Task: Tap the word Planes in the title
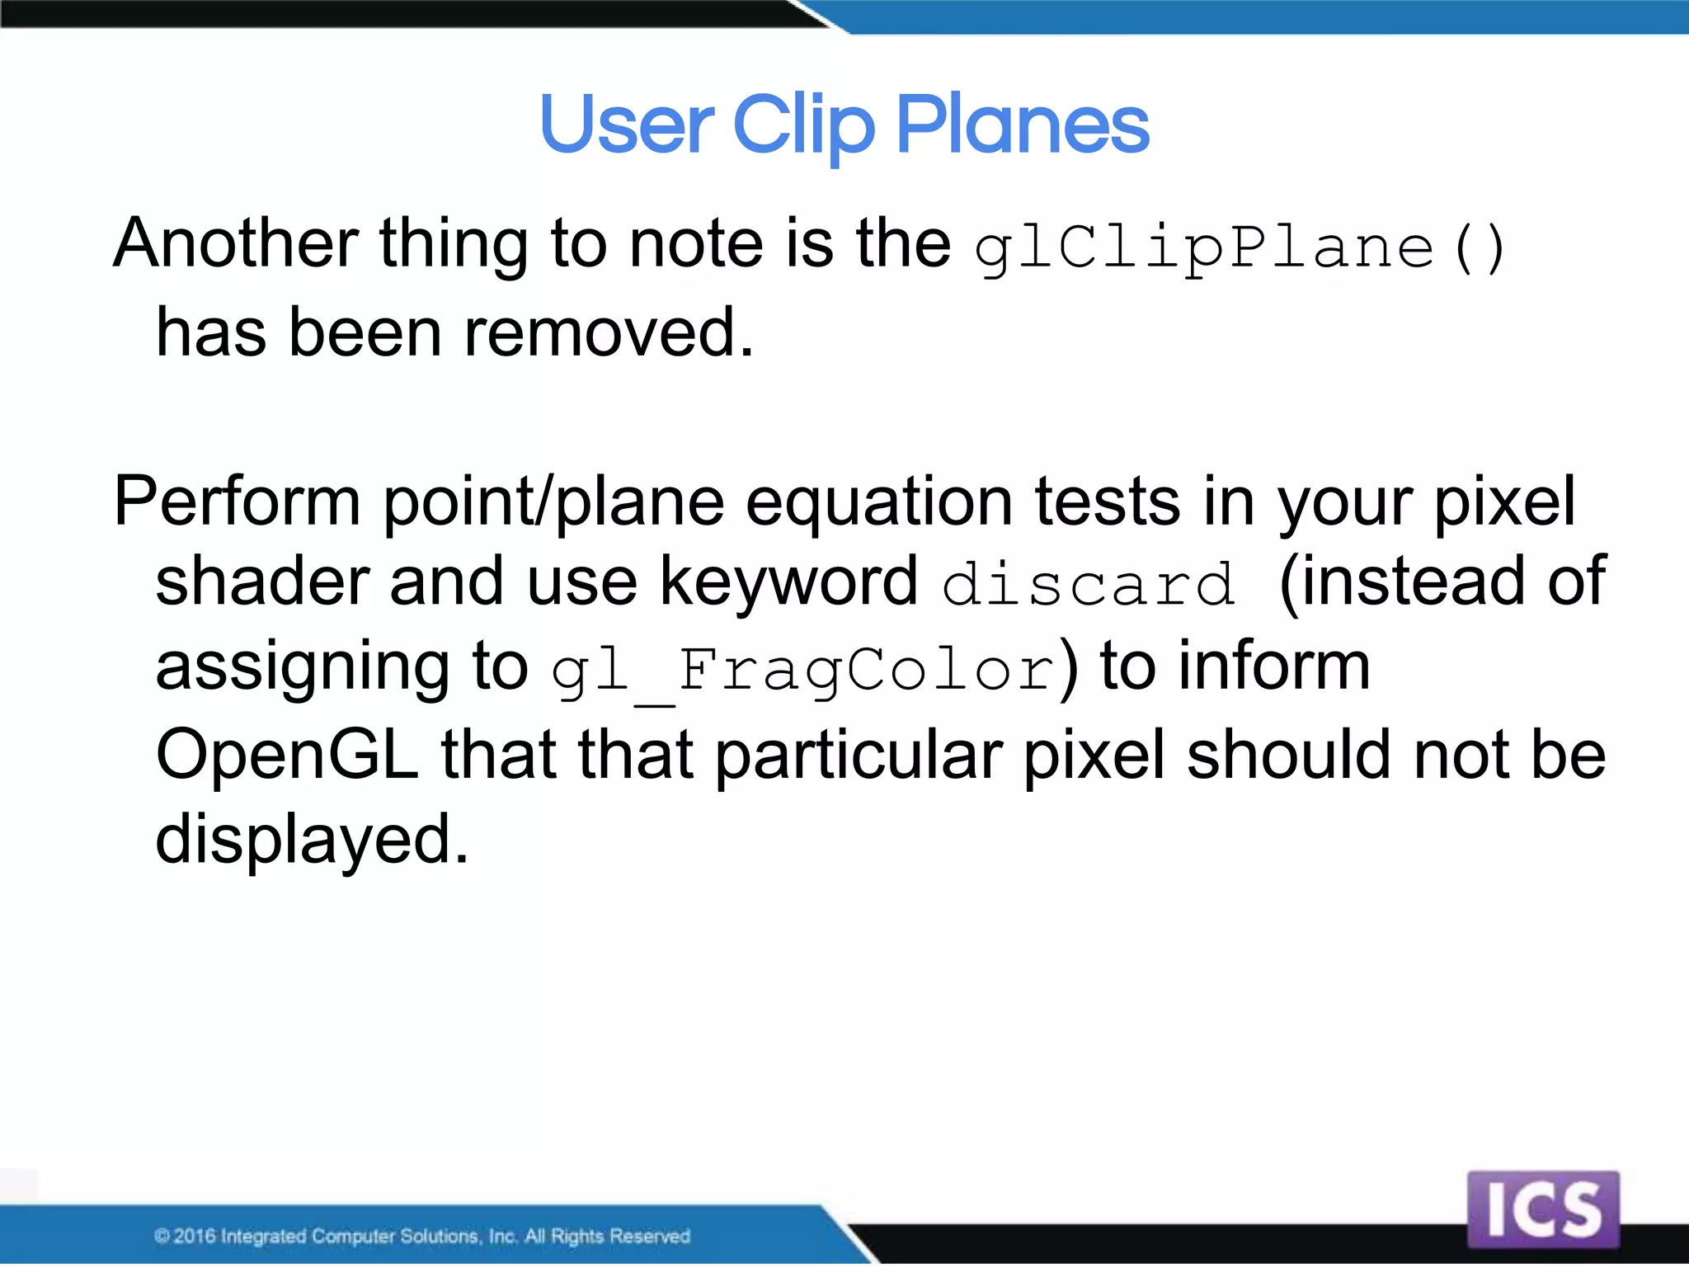1022,126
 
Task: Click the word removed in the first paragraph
609,333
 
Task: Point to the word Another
236,244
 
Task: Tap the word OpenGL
287,756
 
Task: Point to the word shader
261,582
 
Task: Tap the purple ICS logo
1543,1209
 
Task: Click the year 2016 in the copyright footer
195,1236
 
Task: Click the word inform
1274,666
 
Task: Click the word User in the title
626,126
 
